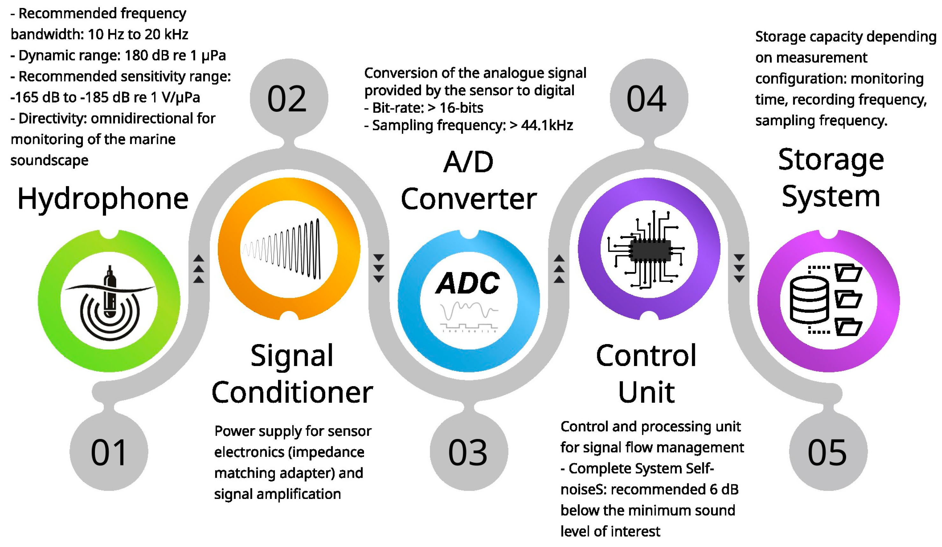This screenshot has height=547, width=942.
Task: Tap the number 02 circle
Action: (288, 98)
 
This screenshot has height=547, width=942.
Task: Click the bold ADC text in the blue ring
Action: (468, 283)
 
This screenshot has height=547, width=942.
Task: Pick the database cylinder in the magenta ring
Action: (809, 299)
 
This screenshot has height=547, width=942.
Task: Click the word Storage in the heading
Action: (831, 160)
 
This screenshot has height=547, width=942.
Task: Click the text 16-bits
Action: (461, 108)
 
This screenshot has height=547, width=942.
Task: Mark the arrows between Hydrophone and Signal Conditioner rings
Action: (199, 269)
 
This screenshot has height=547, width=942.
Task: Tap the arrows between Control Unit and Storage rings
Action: (739, 269)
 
